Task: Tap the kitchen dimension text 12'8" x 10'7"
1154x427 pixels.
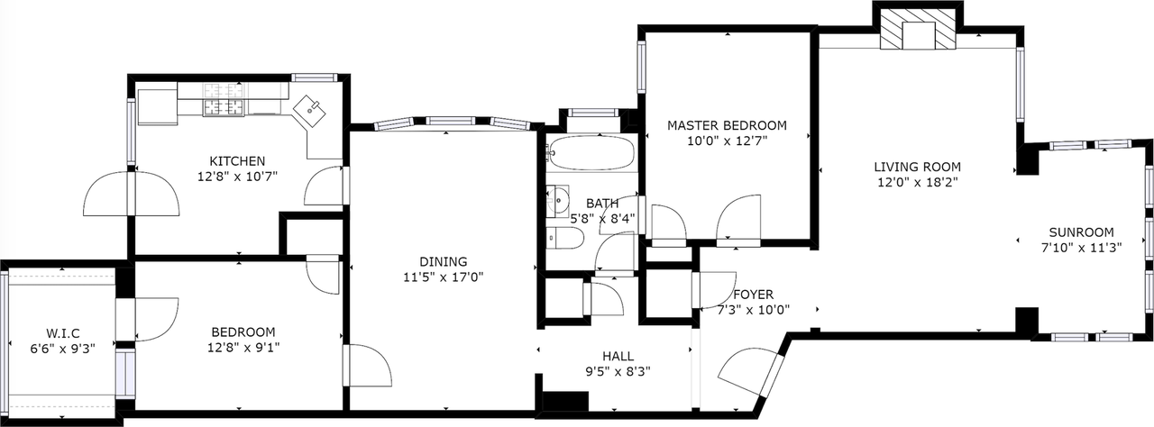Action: (x=237, y=177)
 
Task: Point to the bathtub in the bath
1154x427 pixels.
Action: (x=591, y=155)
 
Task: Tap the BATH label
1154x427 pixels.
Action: (x=602, y=204)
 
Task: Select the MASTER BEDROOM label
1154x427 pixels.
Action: (x=727, y=125)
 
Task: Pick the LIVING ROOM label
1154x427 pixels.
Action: (x=917, y=167)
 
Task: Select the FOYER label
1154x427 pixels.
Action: (x=753, y=295)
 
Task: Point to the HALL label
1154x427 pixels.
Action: (x=618, y=355)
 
